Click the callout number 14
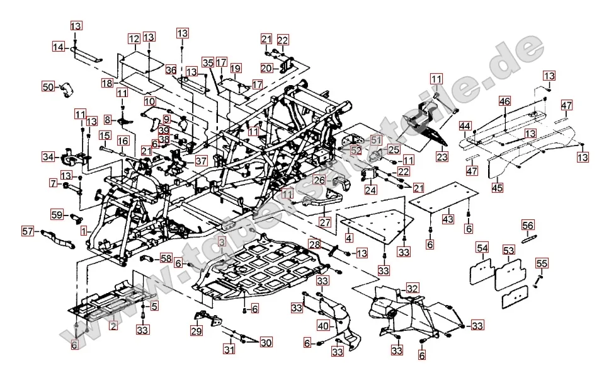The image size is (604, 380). (x=59, y=47)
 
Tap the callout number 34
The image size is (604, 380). (x=48, y=156)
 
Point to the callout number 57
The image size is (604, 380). (x=27, y=230)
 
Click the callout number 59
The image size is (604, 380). (x=56, y=215)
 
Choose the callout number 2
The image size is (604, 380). (x=113, y=326)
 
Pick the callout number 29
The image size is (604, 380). (x=196, y=331)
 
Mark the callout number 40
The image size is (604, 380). (x=323, y=326)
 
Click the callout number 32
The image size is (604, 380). (x=412, y=288)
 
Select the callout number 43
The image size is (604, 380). (x=448, y=218)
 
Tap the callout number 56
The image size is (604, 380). (x=528, y=225)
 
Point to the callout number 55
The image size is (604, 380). (x=542, y=263)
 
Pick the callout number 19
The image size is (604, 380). (x=236, y=68)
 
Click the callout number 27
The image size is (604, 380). (x=324, y=222)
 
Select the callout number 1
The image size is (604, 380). (x=84, y=231)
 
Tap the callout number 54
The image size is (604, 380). (x=482, y=250)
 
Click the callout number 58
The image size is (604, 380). (x=166, y=258)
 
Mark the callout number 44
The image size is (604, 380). (x=464, y=126)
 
